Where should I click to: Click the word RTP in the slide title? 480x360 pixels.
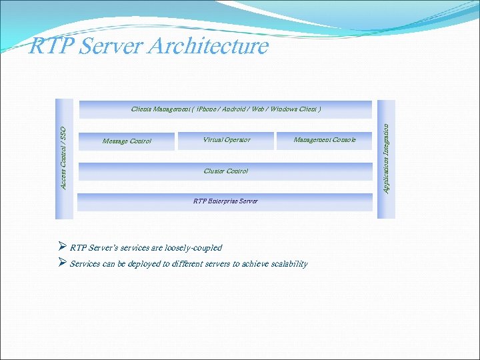[49, 46]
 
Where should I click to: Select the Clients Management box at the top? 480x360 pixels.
[225, 109]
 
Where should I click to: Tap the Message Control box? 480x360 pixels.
[127, 141]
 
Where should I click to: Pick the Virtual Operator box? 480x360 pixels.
[226, 140]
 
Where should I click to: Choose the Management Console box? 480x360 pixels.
[325, 140]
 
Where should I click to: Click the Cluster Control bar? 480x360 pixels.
[225, 171]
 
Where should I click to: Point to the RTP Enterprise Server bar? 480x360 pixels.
[225, 201]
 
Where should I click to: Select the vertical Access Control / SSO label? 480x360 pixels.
[63, 157]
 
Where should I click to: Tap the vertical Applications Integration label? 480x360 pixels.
[386, 158]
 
